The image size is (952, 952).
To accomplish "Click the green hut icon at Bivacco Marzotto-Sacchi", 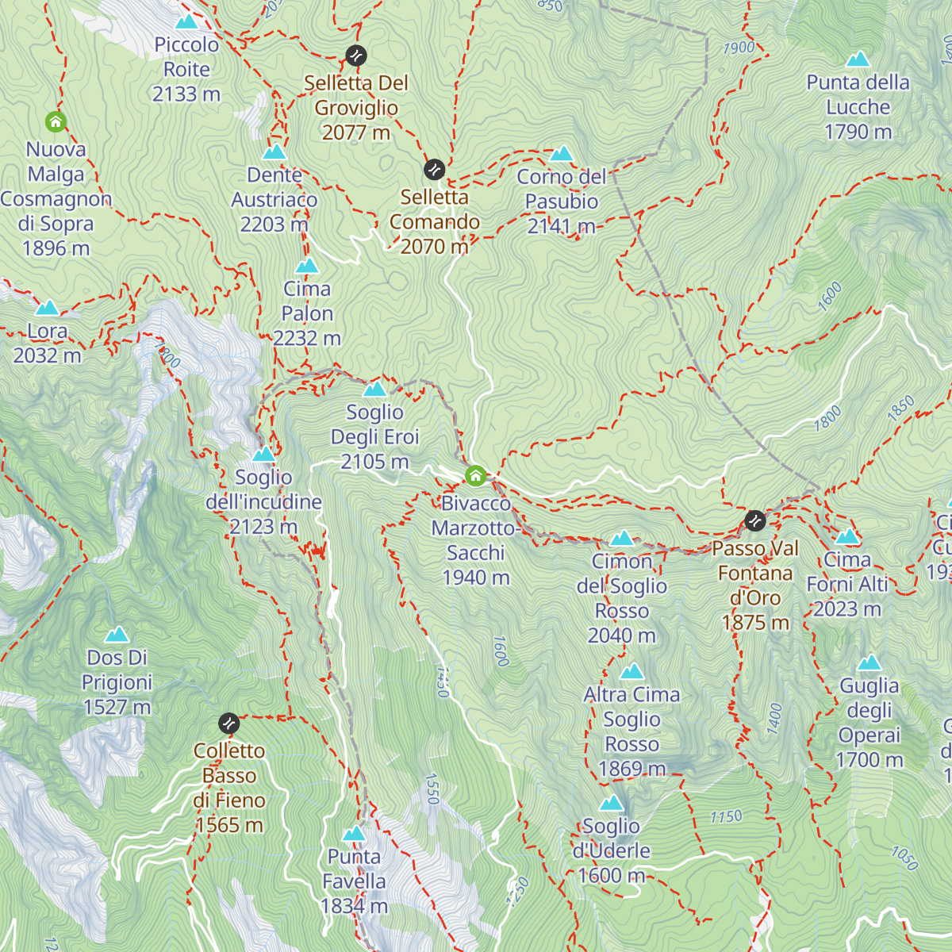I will [475, 476].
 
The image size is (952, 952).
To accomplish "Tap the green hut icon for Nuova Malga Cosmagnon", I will [56, 122].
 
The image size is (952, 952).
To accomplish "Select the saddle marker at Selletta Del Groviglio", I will [356, 56].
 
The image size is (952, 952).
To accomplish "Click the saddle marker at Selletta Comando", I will [434, 170].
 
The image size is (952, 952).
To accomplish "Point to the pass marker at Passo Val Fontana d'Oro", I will [755, 521].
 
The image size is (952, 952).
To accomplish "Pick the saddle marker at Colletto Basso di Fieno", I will [228, 723].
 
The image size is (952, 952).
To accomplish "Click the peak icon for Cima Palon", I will [307, 266].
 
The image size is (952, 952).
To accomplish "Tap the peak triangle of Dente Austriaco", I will [274, 152].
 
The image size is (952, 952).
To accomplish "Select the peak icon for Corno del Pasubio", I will [562, 153].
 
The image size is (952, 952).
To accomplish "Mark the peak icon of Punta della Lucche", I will [858, 59].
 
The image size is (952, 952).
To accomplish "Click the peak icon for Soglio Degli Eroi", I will [374, 389].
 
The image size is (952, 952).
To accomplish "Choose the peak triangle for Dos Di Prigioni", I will [117, 635].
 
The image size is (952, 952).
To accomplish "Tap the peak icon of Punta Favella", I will [354, 834].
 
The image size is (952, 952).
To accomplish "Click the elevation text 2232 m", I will [307, 339].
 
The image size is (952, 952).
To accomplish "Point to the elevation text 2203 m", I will [274, 225].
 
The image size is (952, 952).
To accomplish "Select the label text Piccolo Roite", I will [186, 57].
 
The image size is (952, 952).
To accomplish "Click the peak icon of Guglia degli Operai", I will [869, 662].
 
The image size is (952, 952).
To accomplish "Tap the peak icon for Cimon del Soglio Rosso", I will [622, 539].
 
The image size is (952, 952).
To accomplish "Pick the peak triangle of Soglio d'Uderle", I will [612, 804].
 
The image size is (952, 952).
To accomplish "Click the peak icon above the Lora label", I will [47, 308].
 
